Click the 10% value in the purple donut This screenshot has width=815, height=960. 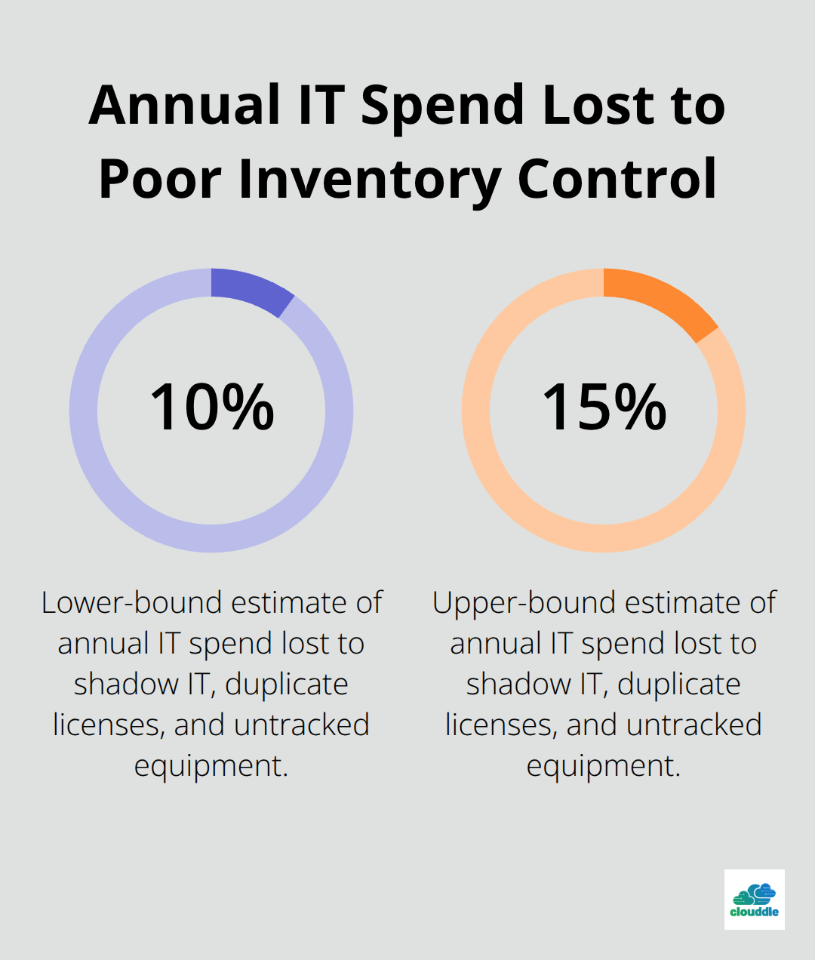coord(211,408)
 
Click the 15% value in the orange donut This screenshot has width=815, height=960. coord(604,408)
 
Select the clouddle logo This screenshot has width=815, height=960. coord(754,899)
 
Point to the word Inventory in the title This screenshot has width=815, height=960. coord(370,180)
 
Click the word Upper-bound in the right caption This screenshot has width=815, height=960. coord(524,603)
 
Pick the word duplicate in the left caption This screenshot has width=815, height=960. coord(287,685)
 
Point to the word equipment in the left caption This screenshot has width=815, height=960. coord(211,766)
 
